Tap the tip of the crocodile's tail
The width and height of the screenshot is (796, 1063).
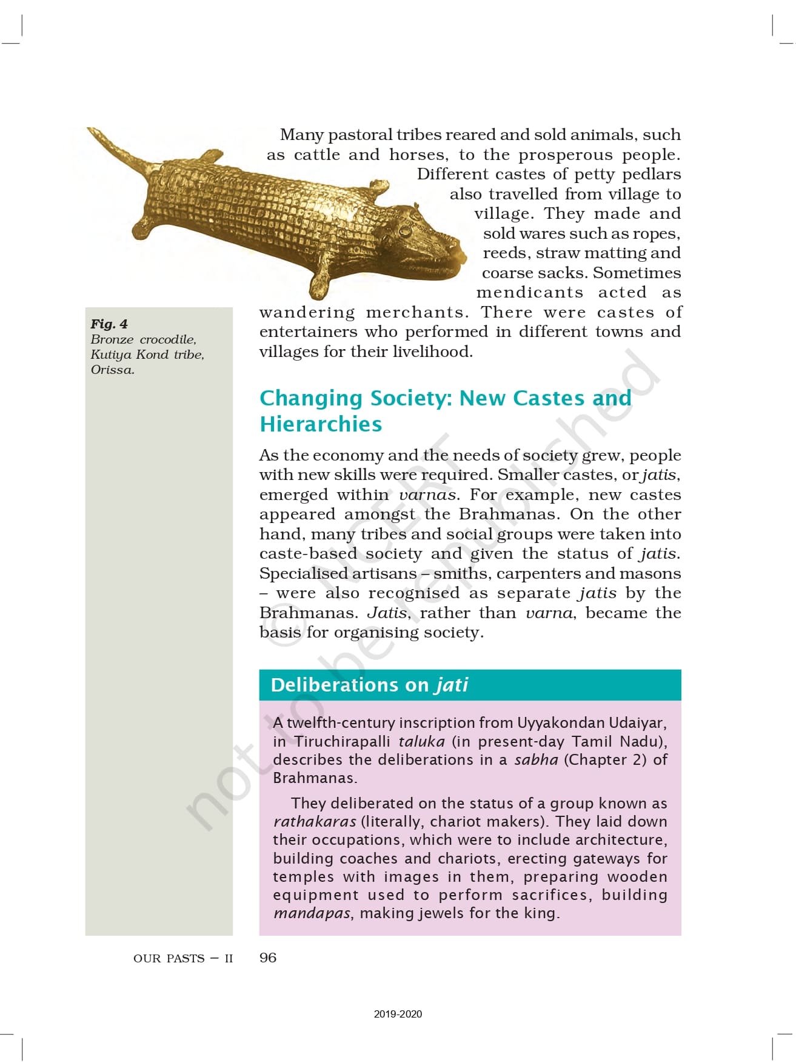93,131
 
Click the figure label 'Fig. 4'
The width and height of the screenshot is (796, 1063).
109,324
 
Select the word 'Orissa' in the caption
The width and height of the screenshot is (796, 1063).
112,370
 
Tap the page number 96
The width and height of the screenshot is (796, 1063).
267,958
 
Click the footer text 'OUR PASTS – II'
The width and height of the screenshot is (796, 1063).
182,958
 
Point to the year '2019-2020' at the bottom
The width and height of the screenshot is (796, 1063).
398,1014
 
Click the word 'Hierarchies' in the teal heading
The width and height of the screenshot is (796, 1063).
321,424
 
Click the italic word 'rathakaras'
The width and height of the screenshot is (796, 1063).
314,822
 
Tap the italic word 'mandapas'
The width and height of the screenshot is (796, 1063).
312,913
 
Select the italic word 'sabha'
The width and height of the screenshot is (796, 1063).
536,759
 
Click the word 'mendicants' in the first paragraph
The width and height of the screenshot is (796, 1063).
530,293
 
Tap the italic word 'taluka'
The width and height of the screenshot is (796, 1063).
421,741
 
